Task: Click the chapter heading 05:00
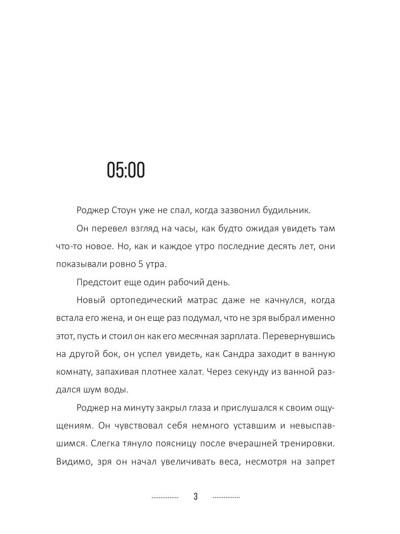[x=126, y=170]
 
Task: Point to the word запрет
[x=320, y=462]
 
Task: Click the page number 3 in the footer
[x=196, y=497]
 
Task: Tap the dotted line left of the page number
[x=165, y=497]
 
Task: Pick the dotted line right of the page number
[x=226, y=497]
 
